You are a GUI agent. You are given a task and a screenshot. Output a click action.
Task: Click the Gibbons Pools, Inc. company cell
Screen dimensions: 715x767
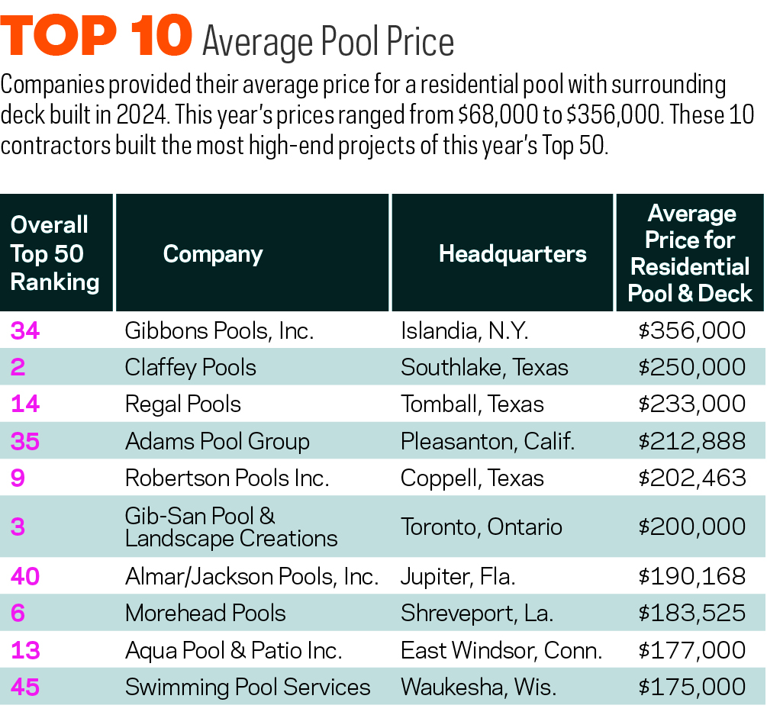pos(220,330)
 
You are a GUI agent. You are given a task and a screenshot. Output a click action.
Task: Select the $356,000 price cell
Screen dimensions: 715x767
pos(692,330)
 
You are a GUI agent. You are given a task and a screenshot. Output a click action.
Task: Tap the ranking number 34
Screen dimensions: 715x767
pos(25,330)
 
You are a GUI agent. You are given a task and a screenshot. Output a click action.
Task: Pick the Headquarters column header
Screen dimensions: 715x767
pos(512,253)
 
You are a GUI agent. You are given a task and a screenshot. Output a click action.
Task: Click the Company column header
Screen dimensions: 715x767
pos(212,254)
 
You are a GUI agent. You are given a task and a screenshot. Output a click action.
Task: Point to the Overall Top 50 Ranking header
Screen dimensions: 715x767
pos(55,253)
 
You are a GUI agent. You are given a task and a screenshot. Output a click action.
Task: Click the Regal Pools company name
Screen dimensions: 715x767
pos(183,404)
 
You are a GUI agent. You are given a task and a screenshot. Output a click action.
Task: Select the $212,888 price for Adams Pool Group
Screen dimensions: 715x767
pos(692,441)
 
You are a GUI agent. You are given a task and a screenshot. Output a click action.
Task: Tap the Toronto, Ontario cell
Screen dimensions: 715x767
pos(482,527)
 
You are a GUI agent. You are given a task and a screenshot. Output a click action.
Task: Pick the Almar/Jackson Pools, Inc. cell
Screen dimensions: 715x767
pos(252,576)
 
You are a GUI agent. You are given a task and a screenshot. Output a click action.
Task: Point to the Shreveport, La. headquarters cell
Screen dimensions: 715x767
pos(477,613)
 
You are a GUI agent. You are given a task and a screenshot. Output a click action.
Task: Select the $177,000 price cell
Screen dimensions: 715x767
pos(692,650)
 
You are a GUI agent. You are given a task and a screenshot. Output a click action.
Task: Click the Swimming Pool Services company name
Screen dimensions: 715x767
pos(247,687)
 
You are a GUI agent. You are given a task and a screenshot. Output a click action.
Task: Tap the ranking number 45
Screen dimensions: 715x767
pos(25,687)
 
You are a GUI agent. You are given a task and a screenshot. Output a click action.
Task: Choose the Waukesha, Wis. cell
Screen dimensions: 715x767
pos(478,687)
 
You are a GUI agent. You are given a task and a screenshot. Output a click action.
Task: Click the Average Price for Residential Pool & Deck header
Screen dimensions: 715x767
pos(690,253)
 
